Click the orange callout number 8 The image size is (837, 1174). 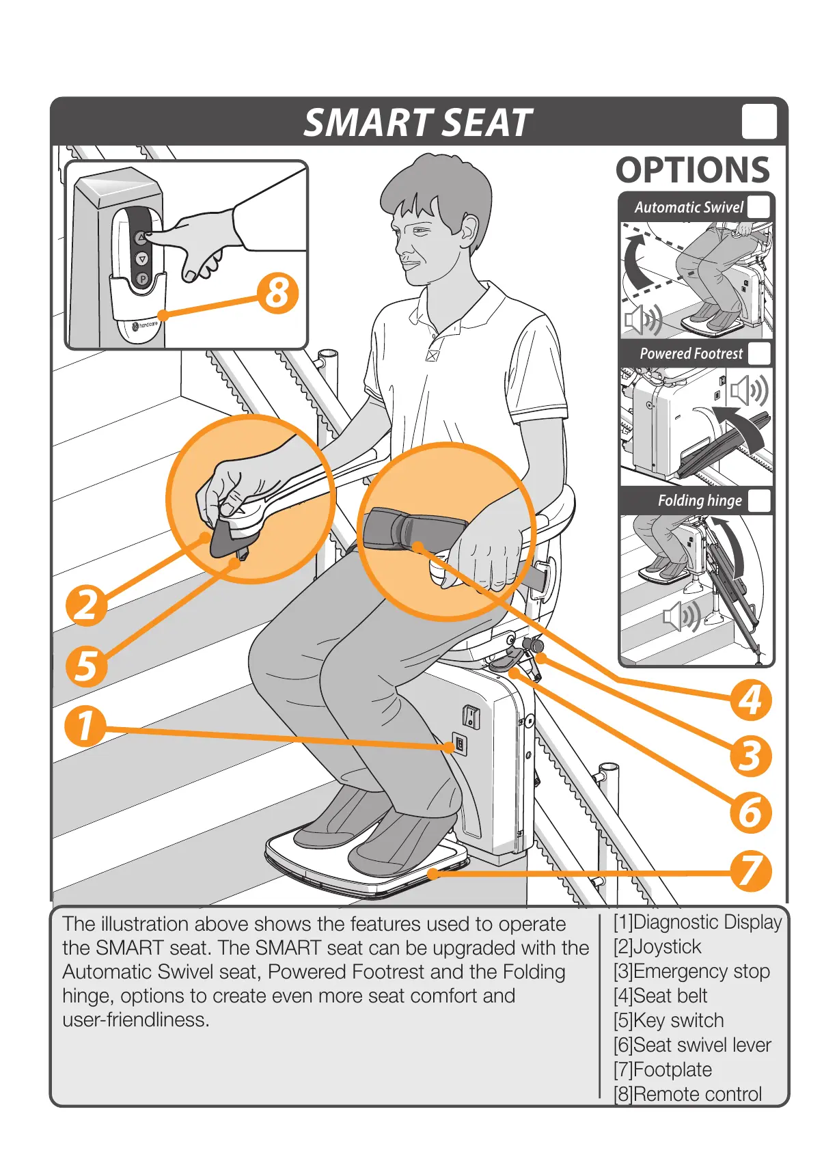[x=278, y=293]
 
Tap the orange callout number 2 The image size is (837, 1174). [x=87, y=605]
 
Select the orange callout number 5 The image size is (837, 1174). [x=87, y=666]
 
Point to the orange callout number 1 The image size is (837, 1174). [x=85, y=726]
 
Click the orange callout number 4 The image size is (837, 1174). [x=751, y=700]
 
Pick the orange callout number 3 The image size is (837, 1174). [x=751, y=756]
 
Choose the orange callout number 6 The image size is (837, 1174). [x=751, y=813]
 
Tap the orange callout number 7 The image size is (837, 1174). [x=751, y=871]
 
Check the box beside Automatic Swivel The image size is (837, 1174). [x=758, y=207]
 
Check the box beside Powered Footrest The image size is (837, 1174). [x=758, y=353]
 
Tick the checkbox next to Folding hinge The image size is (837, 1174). [x=758, y=500]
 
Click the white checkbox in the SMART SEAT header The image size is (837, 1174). [x=759, y=122]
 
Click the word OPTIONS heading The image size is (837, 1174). [x=692, y=170]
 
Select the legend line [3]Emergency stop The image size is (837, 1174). [x=691, y=971]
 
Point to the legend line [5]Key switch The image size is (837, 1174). [x=668, y=1020]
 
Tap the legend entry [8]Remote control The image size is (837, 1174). [x=687, y=1094]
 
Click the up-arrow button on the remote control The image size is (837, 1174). [x=141, y=238]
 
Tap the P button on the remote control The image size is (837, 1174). [x=142, y=279]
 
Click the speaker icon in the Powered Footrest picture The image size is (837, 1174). [x=748, y=391]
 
